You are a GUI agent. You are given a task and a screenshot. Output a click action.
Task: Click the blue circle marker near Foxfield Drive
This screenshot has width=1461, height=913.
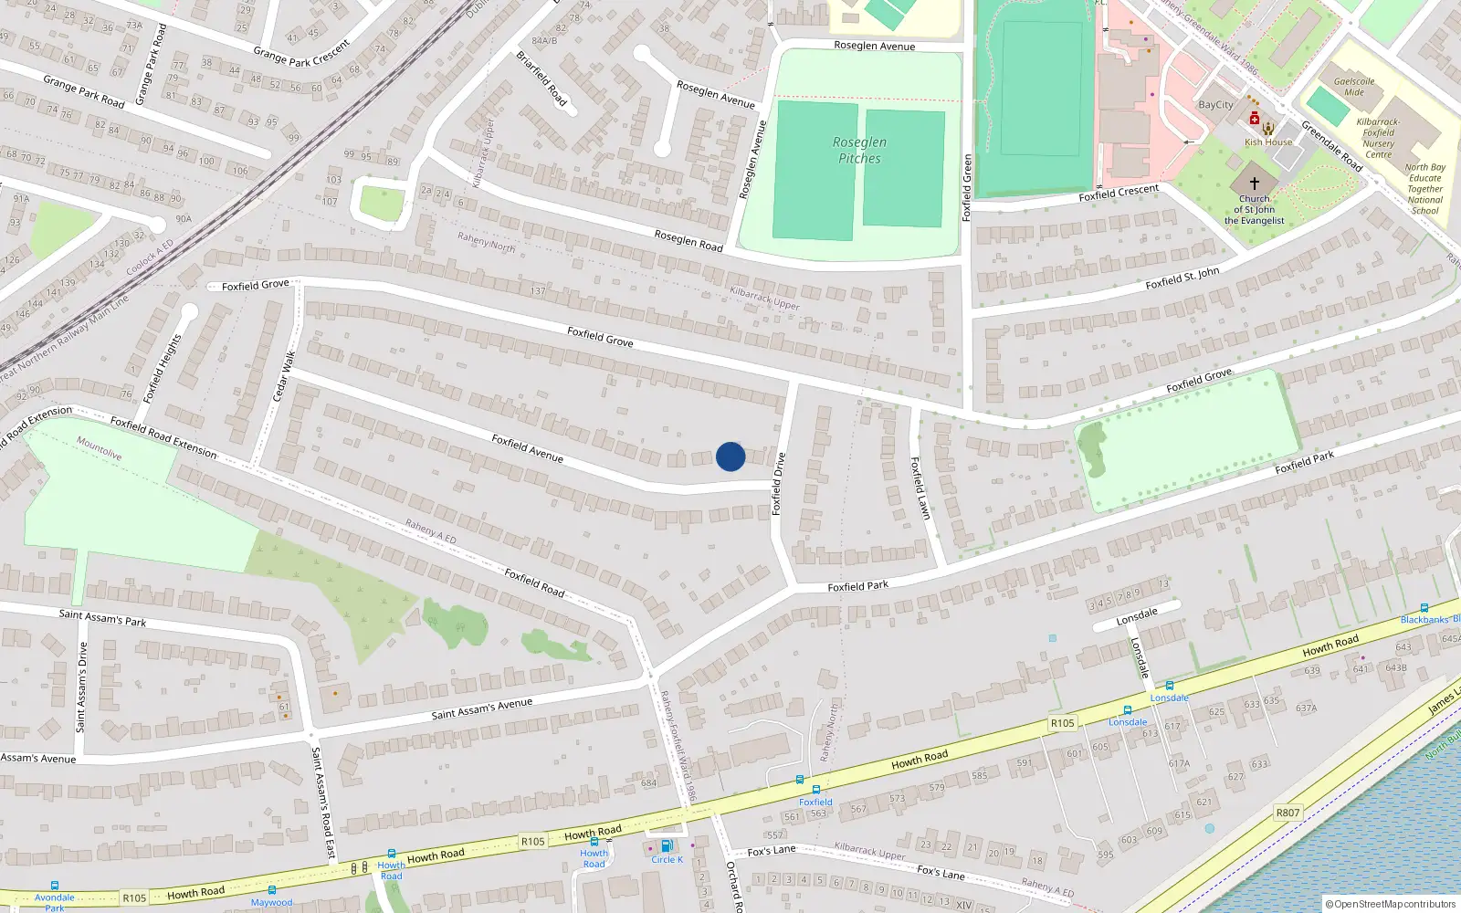(x=730, y=456)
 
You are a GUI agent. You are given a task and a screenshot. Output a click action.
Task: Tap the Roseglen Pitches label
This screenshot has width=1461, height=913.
(x=859, y=151)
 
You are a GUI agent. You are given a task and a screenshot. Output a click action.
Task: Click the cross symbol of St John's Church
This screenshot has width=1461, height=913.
(x=1255, y=184)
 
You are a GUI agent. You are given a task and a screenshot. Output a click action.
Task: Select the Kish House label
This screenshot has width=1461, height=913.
(x=1268, y=142)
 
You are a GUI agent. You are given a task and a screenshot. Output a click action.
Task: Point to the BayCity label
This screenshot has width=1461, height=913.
(x=1215, y=105)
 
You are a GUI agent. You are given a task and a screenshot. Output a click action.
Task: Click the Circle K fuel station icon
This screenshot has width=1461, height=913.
(x=666, y=846)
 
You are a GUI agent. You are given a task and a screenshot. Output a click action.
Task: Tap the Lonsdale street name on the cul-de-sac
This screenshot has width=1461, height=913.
(x=1137, y=617)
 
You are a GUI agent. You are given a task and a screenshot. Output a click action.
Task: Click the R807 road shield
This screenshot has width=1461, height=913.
(x=1288, y=813)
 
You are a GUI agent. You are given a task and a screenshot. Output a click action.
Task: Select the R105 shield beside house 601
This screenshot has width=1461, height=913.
(x=1062, y=723)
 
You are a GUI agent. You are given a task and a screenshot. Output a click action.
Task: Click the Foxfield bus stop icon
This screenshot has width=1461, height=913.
(x=815, y=790)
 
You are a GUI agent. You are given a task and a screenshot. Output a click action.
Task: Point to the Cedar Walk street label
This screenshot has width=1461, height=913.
(x=284, y=376)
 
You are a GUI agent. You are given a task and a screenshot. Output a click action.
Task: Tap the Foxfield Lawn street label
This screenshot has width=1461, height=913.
(x=920, y=488)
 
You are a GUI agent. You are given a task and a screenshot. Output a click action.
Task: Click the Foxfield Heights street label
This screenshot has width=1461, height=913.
(x=163, y=368)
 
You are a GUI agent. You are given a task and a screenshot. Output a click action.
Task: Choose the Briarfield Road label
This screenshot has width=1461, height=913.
(x=541, y=79)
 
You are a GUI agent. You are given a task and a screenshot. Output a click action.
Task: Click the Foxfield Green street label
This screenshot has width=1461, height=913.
(x=967, y=188)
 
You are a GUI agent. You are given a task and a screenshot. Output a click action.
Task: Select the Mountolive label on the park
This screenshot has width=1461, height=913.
(x=99, y=448)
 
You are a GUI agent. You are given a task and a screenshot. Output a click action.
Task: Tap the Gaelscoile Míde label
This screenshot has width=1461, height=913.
(x=1354, y=87)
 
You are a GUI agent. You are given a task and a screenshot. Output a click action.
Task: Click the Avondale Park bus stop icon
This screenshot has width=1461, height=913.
(x=55, y=886)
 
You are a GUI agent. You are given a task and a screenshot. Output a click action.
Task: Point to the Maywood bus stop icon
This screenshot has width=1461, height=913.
(x=272, y=890)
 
